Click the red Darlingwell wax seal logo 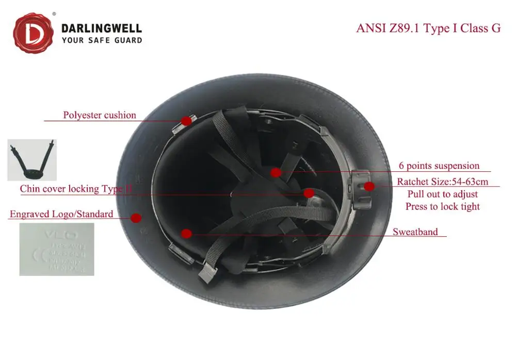pos(34,34)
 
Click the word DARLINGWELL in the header pos(102,28)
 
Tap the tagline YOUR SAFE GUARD pos(102,40)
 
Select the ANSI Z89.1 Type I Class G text pos(428,28)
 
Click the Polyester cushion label pos(100,115)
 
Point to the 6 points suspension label pos(439,166)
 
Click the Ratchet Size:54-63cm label pos(442,182)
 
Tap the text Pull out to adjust pos(442,194)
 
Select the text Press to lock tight pos(442,206)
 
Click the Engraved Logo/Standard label pos(61,214)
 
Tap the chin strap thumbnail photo pos(32,160)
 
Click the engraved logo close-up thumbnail pos(57,249)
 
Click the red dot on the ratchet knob pos(368,186)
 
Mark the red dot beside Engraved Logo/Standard pos(136,218)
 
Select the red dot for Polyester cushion pos(186,121)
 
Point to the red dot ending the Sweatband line pos(187,234)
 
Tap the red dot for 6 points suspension pos(276,172)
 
